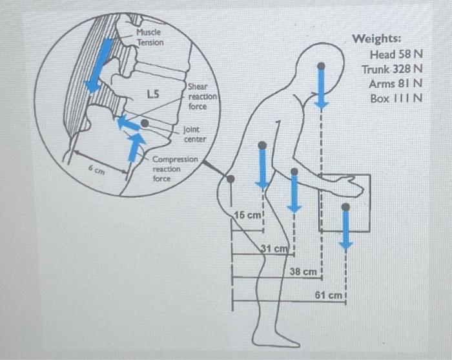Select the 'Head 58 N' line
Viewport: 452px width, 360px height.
coord(396,55)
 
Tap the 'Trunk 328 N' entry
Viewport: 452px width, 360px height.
coord(392,69)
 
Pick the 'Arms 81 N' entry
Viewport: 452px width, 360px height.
coord(395,84)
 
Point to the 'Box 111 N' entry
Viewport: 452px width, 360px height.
coord(396,98)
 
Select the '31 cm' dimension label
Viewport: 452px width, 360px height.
coord(273,249)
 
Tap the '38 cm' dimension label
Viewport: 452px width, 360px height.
coord(302,272)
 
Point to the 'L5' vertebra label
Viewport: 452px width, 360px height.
coord(153,94)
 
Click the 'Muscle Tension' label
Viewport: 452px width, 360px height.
coord(150,37)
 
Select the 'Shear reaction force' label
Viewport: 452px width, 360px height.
coord(202,96)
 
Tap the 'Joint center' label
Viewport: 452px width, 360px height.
coord(195,134)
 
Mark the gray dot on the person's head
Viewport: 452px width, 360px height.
coord(321,66)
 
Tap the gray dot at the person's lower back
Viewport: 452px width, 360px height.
coord(231,178)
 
